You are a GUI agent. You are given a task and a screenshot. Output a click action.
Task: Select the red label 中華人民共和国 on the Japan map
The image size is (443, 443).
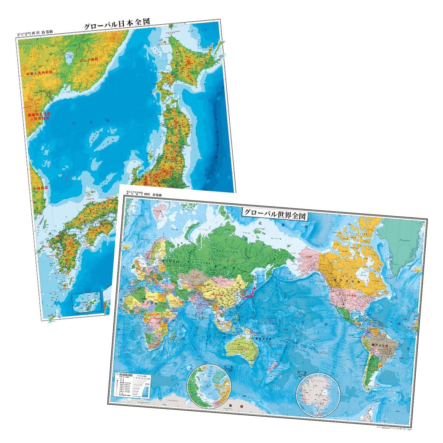click(40, 73)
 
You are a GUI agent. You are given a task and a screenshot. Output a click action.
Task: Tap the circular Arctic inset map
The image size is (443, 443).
click(209, 386)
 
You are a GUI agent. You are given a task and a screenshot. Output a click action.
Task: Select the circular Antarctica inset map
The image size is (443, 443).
click(318, 392)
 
